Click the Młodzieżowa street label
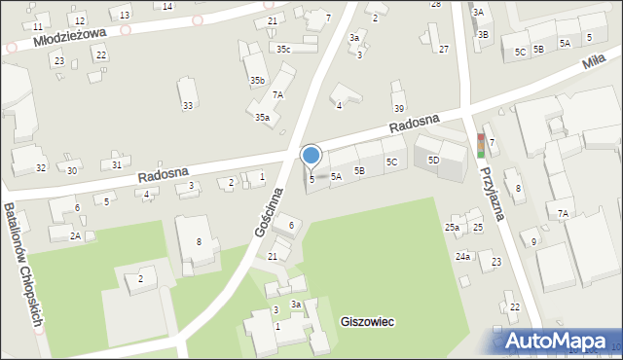pyautogui.click(x=67, y=36)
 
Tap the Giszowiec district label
pyautogui.click(x=367, y=321)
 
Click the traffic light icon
pyautogui.click(x=480, y=145)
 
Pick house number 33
pyautogui.click(x=188, y=105)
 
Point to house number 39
pyautogui.click(x=398, y=108)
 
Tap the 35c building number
pyautogui.click(x=282, y=49)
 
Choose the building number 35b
pyautogui.click(x=257, y=81)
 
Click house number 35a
pyautogui.click(x=262, y=117)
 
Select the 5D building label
pyautogui.click(x=433, y=159)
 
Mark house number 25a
pyautogui.click(x=453, y=228)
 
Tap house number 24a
pyautogui.click(x=463, y=257)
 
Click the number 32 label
pyautogui.click(x=41, y=168)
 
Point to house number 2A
pyautogui.click(x=75, y=235)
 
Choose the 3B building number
pyautogui.click(x=483, y=34)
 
